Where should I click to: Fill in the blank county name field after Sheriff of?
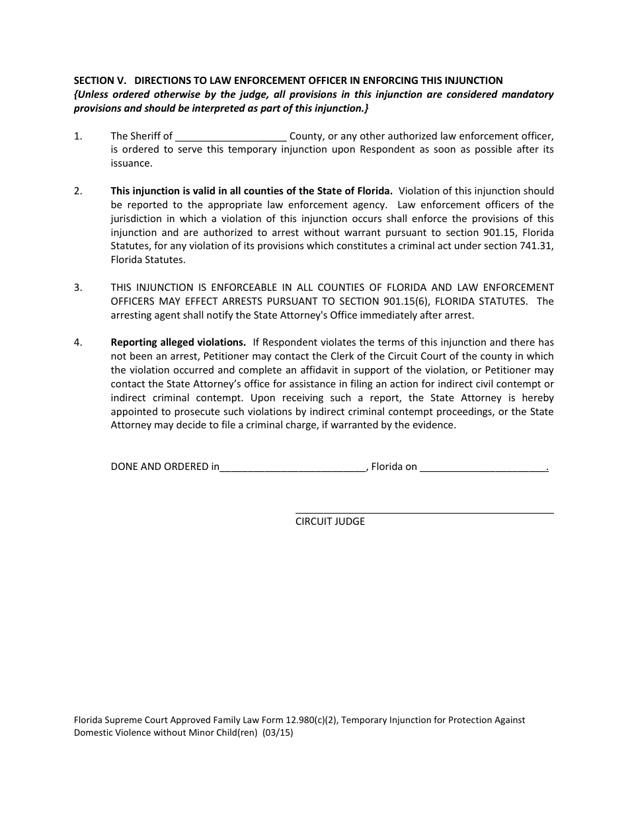click(x=231, y=137)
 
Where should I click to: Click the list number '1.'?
click(x=78, y=136)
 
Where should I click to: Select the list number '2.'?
click(x=78, y=191)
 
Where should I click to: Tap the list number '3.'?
click(x=78, y=288)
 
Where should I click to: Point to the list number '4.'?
click(x=78, y=342)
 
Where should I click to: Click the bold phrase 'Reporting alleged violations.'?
click(x=178, y=342)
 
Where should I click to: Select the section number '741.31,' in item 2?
click(x=535, y=247)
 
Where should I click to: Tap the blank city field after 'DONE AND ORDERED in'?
click(x=292, y=467)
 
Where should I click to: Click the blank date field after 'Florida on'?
click(x=483, y=467)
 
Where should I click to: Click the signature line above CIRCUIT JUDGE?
click(x=424, y=512)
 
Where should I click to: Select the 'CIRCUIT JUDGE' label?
click(x=330, y=522)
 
